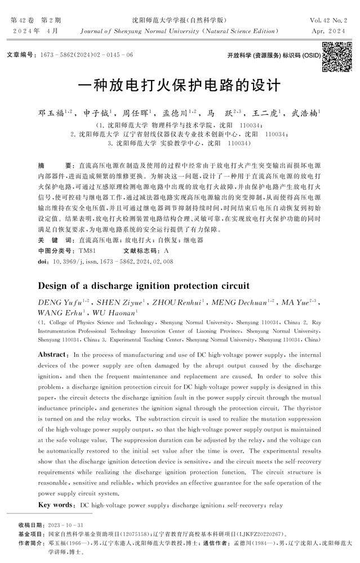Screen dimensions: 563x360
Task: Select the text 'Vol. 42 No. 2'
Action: click(x=329, y=20)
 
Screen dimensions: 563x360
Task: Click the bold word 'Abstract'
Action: click(x=54, y=355)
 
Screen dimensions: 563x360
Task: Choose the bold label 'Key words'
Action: click(x=56, y=504)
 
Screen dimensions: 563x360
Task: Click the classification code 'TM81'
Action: click(x=88, y=250)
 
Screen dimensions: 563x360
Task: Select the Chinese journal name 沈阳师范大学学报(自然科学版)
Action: click(x=180, y=20)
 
